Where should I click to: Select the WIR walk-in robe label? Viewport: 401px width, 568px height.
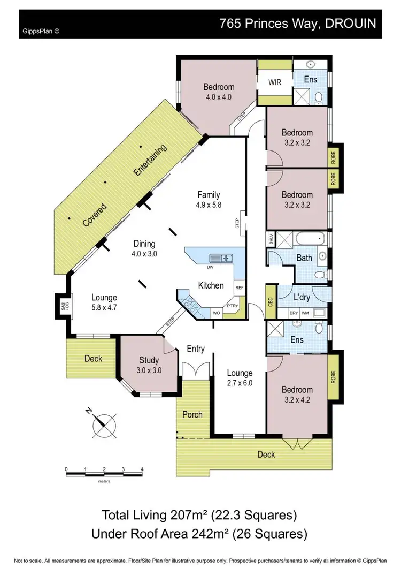point(275,83)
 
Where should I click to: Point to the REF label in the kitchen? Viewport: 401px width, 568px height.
point(239,287)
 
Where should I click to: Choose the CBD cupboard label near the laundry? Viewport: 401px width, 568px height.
point(271,301)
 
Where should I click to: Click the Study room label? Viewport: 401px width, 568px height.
point(150,360)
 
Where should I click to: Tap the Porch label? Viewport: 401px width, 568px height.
point(192,414)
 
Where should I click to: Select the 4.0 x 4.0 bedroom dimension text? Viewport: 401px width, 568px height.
point(218,97)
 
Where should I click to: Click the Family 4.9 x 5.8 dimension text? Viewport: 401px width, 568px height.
point(209,205)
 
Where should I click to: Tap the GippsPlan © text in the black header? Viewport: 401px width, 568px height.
point(41,31)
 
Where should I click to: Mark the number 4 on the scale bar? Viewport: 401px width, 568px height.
point(142,469)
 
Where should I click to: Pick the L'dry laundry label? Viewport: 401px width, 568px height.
point(303,297)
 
